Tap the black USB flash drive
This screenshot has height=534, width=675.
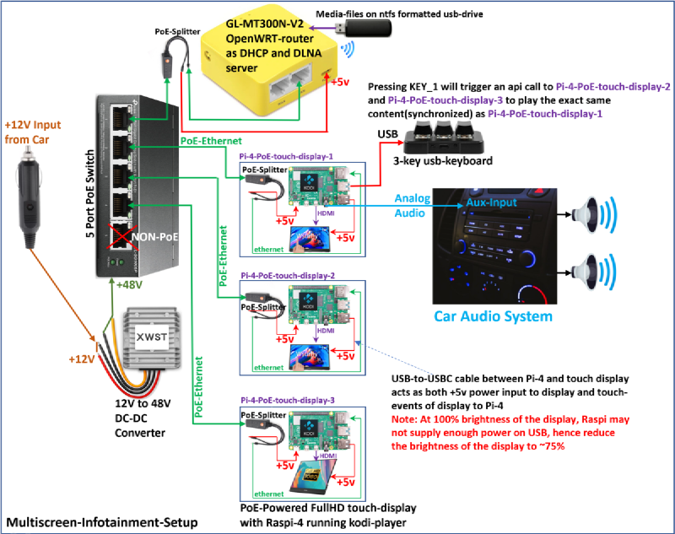(362, 29)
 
